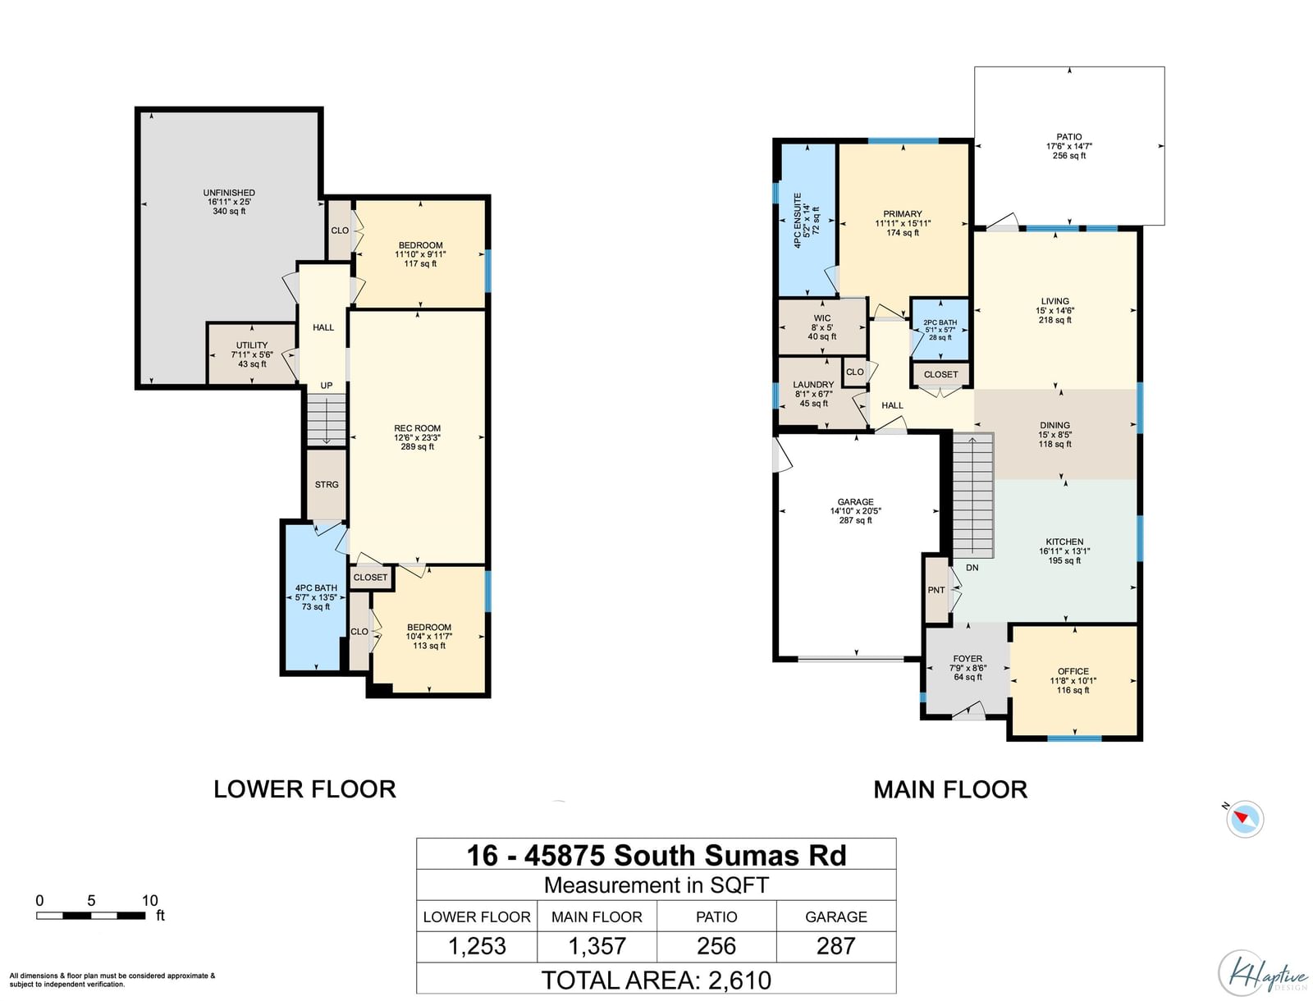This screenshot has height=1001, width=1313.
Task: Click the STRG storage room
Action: click(x=327, y=484)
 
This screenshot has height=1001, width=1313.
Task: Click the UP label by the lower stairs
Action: click(x=326, y=386)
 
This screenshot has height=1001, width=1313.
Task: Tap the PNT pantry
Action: click(x=937, y=590)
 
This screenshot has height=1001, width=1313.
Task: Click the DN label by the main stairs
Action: click(x=972, y=568)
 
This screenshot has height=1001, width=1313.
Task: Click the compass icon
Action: click(x=1244, y=818)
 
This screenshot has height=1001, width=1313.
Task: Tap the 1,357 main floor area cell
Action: click(x=597, y=947)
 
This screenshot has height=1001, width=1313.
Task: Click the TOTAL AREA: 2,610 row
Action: click(x=656, y=980)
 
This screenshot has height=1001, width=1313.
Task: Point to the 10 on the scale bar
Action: click(x=149, y=901)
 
